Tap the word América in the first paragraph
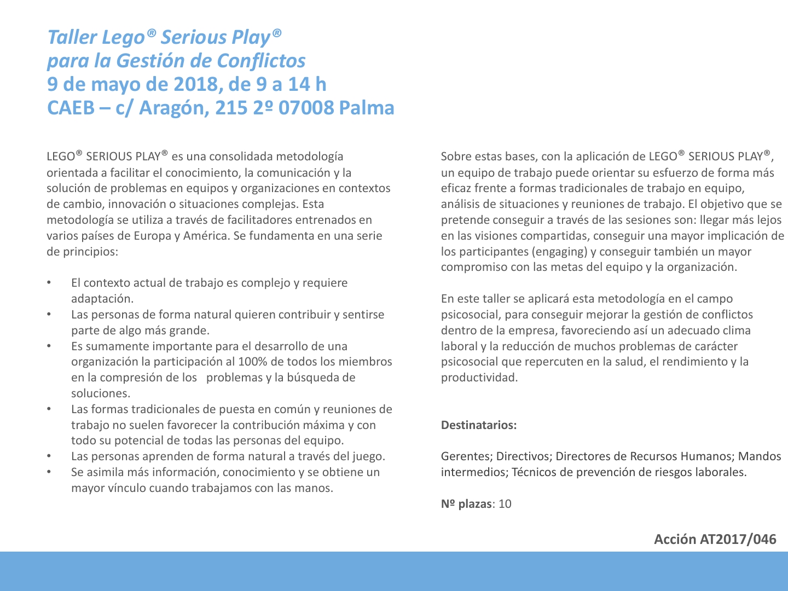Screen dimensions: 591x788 [206, 236]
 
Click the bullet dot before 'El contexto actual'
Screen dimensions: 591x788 [49, 283]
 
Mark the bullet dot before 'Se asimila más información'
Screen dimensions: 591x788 [49, 472]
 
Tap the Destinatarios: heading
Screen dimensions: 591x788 [479, 425]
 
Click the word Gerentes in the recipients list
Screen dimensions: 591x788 [465, 456]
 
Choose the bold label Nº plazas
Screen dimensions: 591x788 [466, 504]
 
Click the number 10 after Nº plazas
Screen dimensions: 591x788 [505, 504]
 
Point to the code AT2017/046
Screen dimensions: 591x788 [738, 540]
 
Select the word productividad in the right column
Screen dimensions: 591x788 [479, 378]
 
